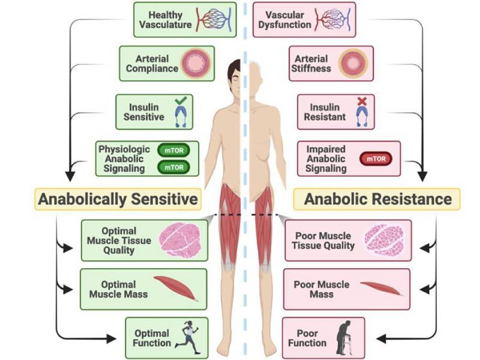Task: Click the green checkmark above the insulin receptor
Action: [x=181, y=100]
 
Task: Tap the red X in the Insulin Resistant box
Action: [x=362, y=101]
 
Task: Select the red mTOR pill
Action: [x=376, y=159]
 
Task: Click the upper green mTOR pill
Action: [x=173, y=151]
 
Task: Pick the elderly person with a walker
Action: [x=344, y=338]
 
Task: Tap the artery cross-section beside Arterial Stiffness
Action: [x=353, y=64]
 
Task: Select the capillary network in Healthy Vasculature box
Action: [x=214, y=19]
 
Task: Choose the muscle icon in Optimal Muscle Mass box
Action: [x=176, y=288]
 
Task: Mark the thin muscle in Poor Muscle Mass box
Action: [x=382, y=289]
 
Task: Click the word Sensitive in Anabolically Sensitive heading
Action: [x=164, y=199]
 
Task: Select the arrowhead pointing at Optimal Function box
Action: [x=112, y=338]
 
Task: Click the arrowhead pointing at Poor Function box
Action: [x=381, y=338]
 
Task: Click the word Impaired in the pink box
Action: [x=326, y=149]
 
